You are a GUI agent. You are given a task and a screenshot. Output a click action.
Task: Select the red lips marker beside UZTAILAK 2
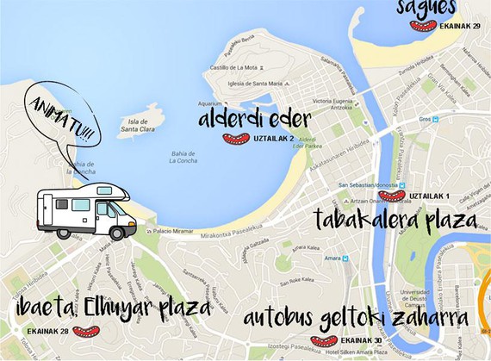tap(235, 139)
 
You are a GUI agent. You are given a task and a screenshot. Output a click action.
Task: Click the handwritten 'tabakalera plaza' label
tap(394, 219)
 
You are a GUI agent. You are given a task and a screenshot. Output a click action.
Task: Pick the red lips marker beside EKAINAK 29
tap(423, 26)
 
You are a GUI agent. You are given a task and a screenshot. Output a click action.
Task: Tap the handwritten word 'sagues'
tap(426, 8)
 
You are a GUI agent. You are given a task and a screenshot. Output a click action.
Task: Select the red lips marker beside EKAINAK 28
tap(85, 331)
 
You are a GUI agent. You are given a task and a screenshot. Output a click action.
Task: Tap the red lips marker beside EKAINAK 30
tap(324, 340)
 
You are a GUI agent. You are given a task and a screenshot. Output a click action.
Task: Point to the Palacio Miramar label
tap(171, 230)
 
